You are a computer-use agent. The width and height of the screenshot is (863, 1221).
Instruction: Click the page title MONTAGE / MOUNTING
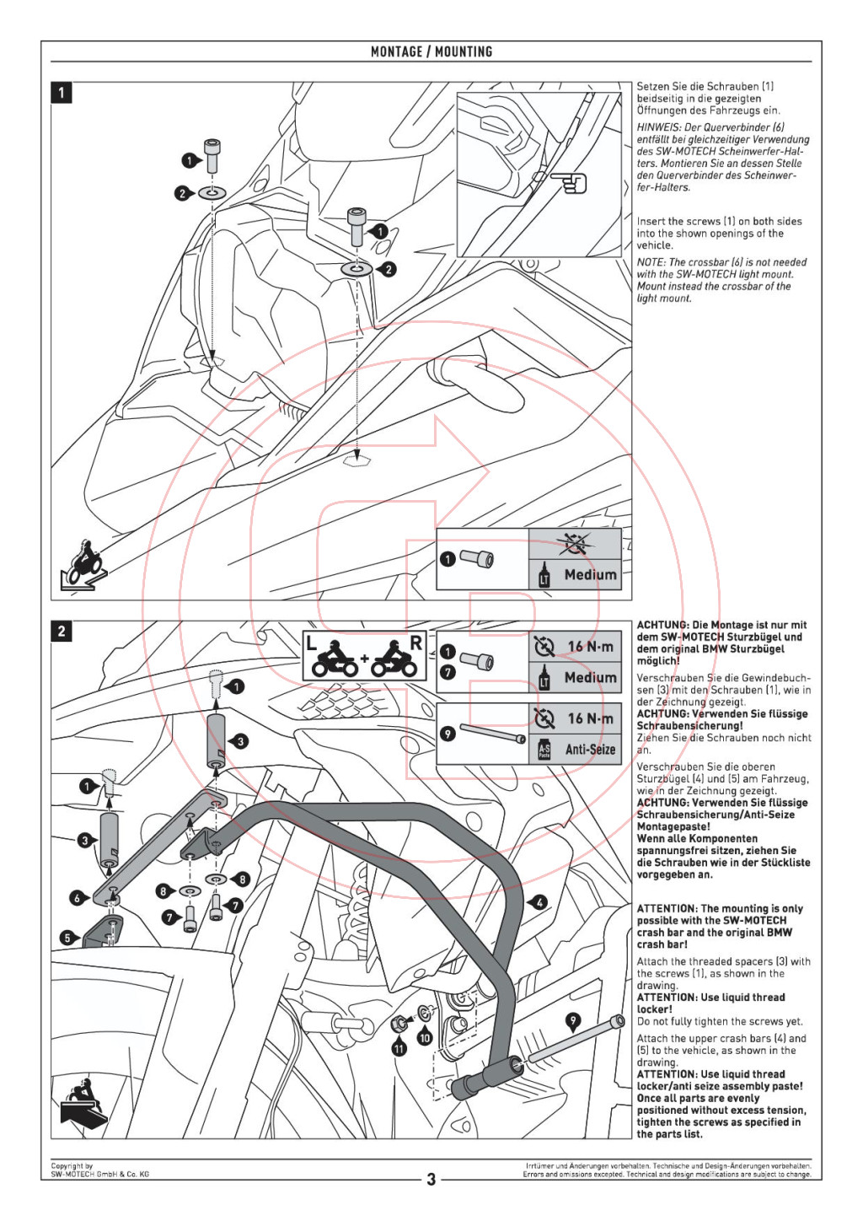point(431,51)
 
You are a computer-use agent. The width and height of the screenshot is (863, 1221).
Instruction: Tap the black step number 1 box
point(61,92)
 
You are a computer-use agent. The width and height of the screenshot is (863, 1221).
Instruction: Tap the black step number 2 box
point(61,632)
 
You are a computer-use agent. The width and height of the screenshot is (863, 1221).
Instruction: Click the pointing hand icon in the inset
point(569,183)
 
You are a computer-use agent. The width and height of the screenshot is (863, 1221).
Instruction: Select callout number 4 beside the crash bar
point(539,902)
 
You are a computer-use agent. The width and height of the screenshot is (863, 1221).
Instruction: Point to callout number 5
point(67,938)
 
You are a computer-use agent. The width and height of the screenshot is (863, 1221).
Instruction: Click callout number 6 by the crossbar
point(78,898)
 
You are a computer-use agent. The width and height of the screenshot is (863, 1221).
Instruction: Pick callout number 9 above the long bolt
point(572,1021)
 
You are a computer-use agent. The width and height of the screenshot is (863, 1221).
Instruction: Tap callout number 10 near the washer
point(425,1038)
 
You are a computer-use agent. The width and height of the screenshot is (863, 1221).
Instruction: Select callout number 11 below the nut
point(400,1048)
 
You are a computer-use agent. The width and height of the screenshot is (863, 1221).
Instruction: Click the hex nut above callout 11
point(399,1025)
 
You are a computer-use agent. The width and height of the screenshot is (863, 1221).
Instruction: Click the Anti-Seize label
point(590,750)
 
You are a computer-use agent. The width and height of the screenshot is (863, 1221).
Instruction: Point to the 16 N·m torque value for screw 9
point(591,718)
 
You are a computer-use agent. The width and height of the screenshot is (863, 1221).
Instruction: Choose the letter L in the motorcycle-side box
point(311,643)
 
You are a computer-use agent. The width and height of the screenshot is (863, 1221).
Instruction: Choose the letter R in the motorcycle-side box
point(415,643)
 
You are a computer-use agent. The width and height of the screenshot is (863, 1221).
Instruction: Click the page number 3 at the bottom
point(431,1180)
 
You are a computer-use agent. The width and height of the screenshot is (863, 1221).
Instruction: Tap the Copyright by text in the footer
point(72,1166)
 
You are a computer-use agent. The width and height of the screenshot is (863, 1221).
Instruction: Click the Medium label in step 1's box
point(591,574)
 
